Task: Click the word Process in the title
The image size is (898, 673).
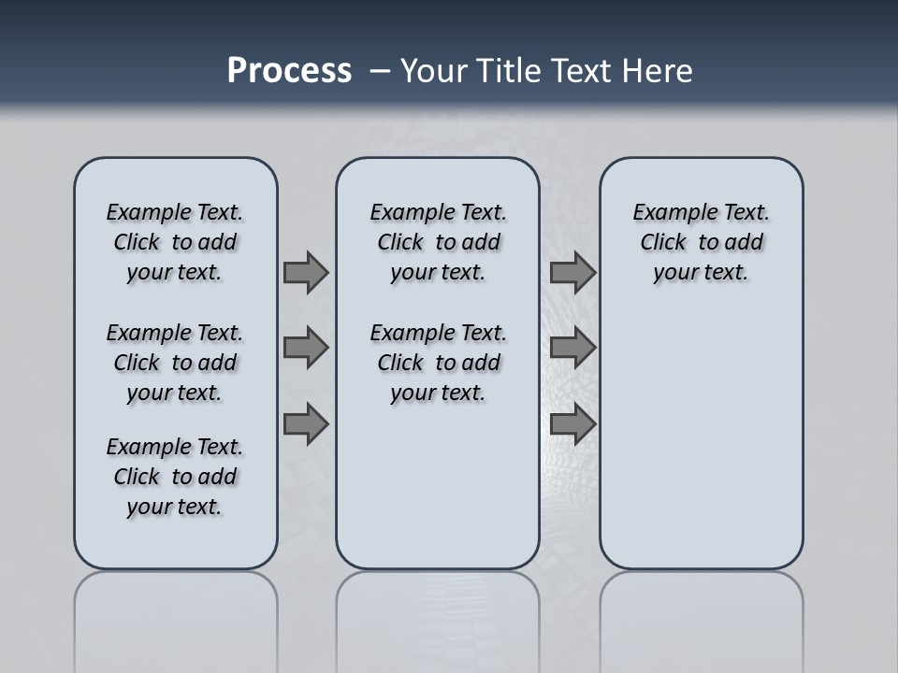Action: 289,71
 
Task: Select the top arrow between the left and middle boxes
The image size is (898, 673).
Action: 306,272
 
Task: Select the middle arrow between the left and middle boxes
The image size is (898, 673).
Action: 306,348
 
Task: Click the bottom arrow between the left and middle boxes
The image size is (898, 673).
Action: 306,423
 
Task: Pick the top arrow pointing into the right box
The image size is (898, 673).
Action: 572,272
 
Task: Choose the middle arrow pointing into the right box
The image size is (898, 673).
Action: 572,348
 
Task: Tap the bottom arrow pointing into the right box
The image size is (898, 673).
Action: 572,423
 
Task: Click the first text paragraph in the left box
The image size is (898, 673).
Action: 175,242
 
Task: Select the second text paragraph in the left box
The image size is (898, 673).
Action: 175,363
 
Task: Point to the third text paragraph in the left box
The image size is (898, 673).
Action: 175,477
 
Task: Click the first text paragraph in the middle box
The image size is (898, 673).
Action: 439,242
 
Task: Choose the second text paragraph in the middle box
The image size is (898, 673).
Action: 439,363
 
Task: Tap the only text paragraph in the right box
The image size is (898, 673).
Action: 702,242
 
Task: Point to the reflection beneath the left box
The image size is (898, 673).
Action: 176,608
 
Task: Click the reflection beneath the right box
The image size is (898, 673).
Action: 702,608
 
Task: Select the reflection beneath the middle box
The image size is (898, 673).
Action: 438,608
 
